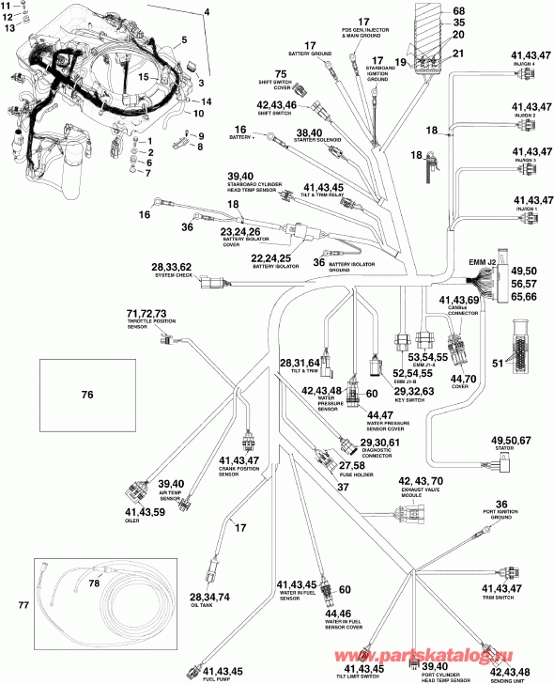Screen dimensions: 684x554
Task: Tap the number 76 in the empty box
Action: tap(87, 396)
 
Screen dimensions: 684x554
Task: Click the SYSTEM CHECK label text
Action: tap(172, 275)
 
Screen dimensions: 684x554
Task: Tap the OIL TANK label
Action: tap(209, 605)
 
